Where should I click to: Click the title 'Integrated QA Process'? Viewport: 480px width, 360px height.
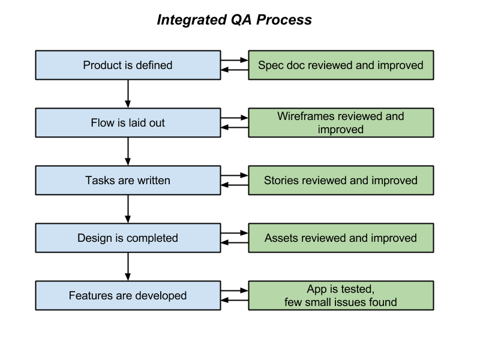click(x=234, y=20)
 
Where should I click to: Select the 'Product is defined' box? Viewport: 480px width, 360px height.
click(x=128, y=65)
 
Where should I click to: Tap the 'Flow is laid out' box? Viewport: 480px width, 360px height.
click(x=128, y=123)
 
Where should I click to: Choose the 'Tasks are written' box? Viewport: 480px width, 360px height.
click(x=128, y=181)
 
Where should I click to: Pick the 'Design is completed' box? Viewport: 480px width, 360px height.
click(x=128, y=238)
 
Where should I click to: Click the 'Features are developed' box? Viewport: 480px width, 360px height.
click(x=128, y=296)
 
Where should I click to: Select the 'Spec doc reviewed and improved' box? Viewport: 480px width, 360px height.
click(x=340, y=65)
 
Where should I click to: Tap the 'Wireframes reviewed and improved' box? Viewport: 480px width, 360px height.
click(x=340, y=123)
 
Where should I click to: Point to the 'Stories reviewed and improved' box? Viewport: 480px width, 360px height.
click(x=340, y=181)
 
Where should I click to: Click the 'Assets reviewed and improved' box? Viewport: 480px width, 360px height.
click(x=340, y=238)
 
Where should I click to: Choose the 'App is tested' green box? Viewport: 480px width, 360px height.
click(x=340, y=296)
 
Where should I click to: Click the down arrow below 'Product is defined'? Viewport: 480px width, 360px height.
click(x=128, y=94)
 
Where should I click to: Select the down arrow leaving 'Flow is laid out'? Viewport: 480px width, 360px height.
click(x=128, y=151)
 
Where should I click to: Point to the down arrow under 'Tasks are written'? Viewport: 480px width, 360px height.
click(x=128, y=209)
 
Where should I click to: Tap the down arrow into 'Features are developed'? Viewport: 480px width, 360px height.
click(x=128, y=266)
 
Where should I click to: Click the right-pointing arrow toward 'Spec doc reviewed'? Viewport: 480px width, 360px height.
click(x=235, y=60)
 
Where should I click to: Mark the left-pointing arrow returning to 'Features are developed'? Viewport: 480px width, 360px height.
click(x=235, y=300)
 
